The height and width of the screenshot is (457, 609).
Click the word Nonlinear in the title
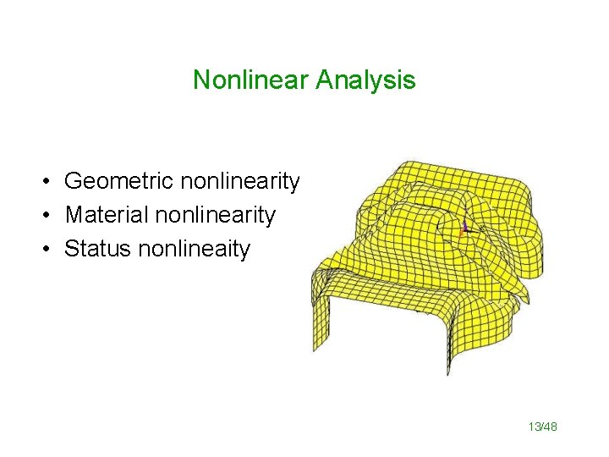251,80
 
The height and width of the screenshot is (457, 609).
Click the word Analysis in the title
365,80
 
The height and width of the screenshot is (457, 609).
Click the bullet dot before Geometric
51,182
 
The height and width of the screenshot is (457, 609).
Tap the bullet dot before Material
51,216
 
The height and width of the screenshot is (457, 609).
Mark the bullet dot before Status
51,250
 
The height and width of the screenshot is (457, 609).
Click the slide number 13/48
543,428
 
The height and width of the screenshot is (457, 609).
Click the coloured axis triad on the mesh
464,226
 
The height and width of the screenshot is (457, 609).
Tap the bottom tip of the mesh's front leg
447,372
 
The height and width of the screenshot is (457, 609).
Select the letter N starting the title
201,80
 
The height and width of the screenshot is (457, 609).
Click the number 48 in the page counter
551,428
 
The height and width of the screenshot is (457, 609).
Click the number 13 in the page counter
535,428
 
